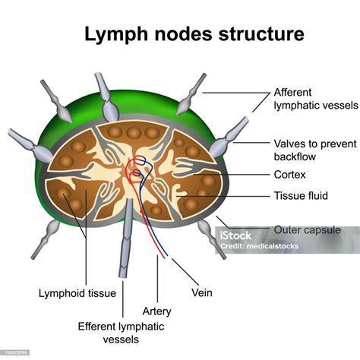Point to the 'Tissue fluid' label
coord(301,196)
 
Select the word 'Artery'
coord(156,311)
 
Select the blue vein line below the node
coord(163,243)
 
